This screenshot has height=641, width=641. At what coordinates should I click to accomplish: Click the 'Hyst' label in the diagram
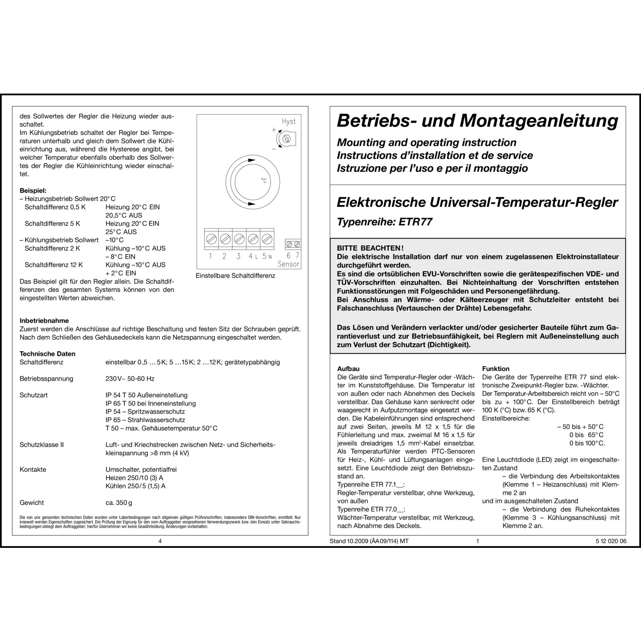click(x=288, y=121)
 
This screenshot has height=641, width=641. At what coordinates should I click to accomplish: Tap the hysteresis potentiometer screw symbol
click(x=288, y=138)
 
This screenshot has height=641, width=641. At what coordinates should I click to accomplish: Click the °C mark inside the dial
click(x=264, y=181)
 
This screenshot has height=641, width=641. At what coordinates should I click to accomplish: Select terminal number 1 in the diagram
click(x=210, y=256)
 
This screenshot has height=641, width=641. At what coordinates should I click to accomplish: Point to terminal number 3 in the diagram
click(x=238, y=256)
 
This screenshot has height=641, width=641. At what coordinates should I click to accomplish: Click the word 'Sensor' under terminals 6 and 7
click(x=288, y=264)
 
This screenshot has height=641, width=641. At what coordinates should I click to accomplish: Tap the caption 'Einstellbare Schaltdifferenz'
click(x=235, y=276)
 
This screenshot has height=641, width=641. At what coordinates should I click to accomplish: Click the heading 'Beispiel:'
click(x=33, y=191)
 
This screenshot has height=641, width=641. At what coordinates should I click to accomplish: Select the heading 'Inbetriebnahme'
click(x=44, y=320)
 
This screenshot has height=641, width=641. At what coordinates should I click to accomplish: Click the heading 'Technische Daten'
click(x=47, y=354)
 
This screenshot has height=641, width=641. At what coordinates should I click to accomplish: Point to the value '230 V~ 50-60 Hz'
click(x=130, y=379)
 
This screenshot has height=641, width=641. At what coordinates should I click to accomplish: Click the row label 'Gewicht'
click(x=32, y=503)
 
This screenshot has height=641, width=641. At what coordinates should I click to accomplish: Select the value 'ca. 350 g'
click(x=119, y=503)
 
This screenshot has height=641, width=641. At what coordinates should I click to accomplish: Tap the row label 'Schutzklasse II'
click(x=41, y=445)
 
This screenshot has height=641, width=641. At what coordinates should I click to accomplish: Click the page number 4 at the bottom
click(x=160, y=541)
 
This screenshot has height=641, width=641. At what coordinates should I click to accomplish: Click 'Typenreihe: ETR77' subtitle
click(x=385, y=222)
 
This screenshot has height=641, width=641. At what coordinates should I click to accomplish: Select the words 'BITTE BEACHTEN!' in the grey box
click(x=370, y=248)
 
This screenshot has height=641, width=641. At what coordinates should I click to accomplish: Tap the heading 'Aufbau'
click(x=348, y=369)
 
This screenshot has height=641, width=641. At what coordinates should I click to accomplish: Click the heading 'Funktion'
click(x=496, y=369)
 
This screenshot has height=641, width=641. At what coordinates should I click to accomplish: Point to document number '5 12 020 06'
click(x=611, y=541)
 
